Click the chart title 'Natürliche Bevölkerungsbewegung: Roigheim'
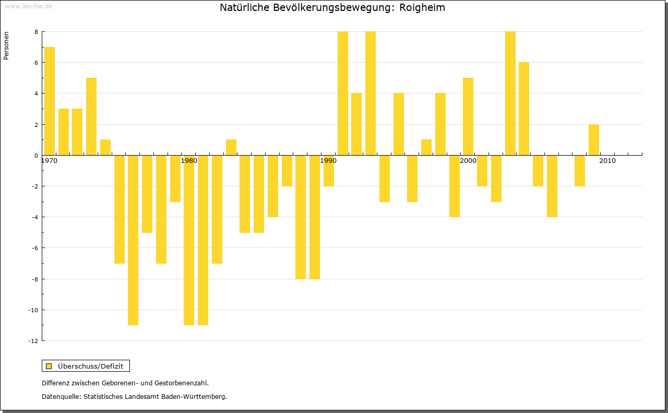coord(332,8)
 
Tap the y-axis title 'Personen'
coord(6,46)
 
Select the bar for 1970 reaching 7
coord(50,101)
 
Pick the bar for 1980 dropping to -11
coord(189,240)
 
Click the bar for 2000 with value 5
coord(468,116)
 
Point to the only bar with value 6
coord(524,109)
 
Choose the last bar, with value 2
coord(594,139)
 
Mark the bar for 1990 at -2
coord(329,170)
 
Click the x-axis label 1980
coord(189,161)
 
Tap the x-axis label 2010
coord(607,161)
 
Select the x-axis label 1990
coord(329,161)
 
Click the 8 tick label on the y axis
coord(36,32)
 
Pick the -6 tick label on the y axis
coord(34,248)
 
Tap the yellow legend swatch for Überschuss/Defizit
coord(49,366)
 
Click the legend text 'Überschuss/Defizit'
coord(91,366)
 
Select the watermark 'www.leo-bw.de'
coord(28,6)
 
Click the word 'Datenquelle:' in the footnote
coord(61,397)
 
